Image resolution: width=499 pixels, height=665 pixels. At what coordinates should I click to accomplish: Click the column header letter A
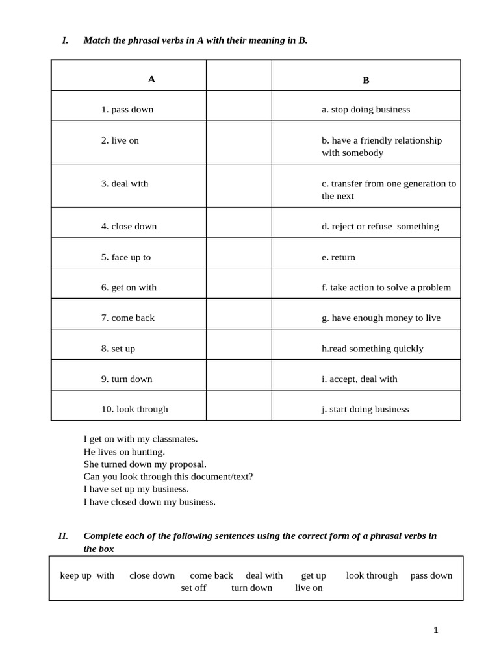(x=151, y=79)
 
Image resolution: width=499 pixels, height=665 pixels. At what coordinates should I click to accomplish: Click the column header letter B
(x=366, y=81)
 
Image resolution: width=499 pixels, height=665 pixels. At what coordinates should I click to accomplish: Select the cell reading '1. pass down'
(x=127, y=110)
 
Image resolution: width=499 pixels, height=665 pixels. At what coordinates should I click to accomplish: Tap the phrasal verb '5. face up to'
(x=126, y=257)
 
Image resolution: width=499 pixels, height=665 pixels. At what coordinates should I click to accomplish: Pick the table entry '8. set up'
(x=118, y=349)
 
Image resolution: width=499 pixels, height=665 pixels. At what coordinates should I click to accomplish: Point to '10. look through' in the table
(x=134, y=409)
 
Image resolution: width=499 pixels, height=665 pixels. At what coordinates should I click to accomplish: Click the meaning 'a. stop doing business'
(x=366, y=110)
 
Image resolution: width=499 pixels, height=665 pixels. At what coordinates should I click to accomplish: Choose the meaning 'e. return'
(x=339, y=257)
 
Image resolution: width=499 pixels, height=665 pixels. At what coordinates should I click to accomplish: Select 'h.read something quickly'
(x=372, y=349)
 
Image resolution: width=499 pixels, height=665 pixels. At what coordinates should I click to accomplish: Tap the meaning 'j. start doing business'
(x=365, y=409)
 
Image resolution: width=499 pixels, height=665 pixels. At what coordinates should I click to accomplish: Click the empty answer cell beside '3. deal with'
(x=238, y=186)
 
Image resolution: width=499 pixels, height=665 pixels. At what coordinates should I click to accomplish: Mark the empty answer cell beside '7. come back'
(x=238, y=314)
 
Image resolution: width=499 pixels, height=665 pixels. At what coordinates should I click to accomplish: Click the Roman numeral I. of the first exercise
(x=65, y=40)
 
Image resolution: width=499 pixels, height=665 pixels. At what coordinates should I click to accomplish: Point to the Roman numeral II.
(x=63, y=536)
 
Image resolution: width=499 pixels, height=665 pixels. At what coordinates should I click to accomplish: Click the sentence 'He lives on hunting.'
(x=124, y=451)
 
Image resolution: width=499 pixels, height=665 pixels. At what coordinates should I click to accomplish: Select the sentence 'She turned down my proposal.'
(x=145, y=464)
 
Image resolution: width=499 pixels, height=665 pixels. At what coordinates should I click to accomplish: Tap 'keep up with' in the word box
(x=87, y=575)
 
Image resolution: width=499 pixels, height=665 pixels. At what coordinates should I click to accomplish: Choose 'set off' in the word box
(x=194, y=588)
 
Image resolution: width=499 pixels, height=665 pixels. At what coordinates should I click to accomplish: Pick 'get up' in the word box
(x=314, y=575)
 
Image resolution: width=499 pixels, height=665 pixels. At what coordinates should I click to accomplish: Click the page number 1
(x=436, y=630)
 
